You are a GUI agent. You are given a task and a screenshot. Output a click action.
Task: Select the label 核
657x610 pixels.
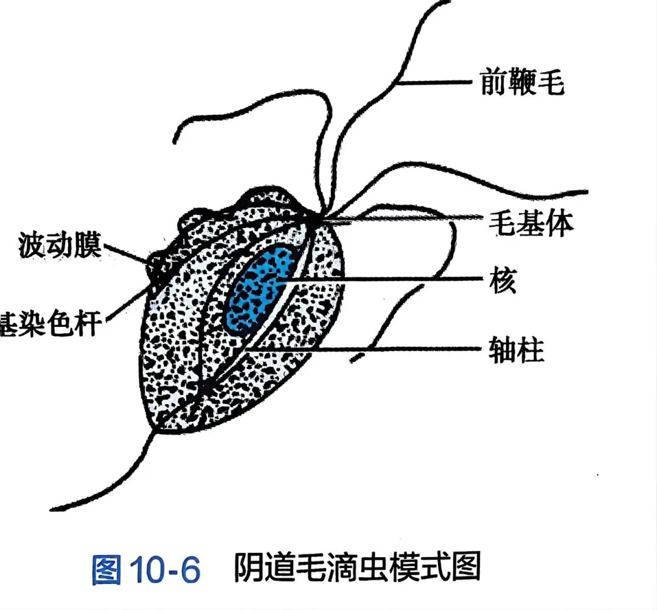point(502,281)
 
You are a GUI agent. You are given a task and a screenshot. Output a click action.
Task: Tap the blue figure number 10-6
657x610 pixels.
point(164,570)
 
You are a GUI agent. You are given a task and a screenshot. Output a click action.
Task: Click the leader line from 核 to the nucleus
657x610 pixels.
point(383,280)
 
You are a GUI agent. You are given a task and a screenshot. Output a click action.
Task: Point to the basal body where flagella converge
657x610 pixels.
point(316,217)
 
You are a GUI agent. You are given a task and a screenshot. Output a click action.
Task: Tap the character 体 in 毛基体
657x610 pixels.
point(560,224)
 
